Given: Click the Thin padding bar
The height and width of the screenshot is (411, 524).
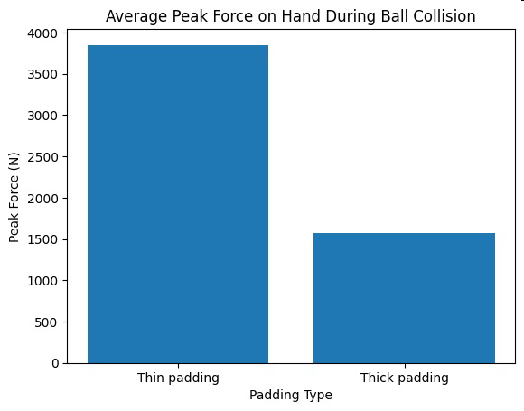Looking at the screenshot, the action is [x=178, y=204].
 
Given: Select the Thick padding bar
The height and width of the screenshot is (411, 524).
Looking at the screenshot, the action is [x=404, y=298].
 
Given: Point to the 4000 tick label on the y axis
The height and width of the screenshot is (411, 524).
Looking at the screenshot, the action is [x=42, y=33].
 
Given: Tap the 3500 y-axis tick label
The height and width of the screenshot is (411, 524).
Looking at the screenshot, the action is [x=42, y=74].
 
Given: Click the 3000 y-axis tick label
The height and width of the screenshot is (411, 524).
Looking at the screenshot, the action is [x=42, y=116].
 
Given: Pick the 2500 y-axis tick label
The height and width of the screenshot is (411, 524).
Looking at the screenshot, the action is [x=42, y=157].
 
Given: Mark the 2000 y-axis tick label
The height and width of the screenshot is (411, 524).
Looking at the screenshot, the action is [x=42, y=199].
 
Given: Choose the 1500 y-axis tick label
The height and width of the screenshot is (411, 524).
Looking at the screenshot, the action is [x=42, y=239].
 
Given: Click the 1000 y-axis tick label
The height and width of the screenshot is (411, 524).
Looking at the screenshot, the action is [x=42, y=281].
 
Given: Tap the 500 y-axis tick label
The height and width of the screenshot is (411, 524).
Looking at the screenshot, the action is [x=46, y=322].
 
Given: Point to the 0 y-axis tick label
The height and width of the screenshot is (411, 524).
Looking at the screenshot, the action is [x=55, y=363].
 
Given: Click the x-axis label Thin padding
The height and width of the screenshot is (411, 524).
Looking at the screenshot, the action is [x=178, y=378].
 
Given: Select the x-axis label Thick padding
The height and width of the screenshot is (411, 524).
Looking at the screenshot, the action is [x=405, y=378].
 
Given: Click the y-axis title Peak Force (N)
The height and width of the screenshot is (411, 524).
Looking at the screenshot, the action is [x=14, y=198].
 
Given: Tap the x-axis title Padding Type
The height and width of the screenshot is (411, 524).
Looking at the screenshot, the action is [x=291, y=396].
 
